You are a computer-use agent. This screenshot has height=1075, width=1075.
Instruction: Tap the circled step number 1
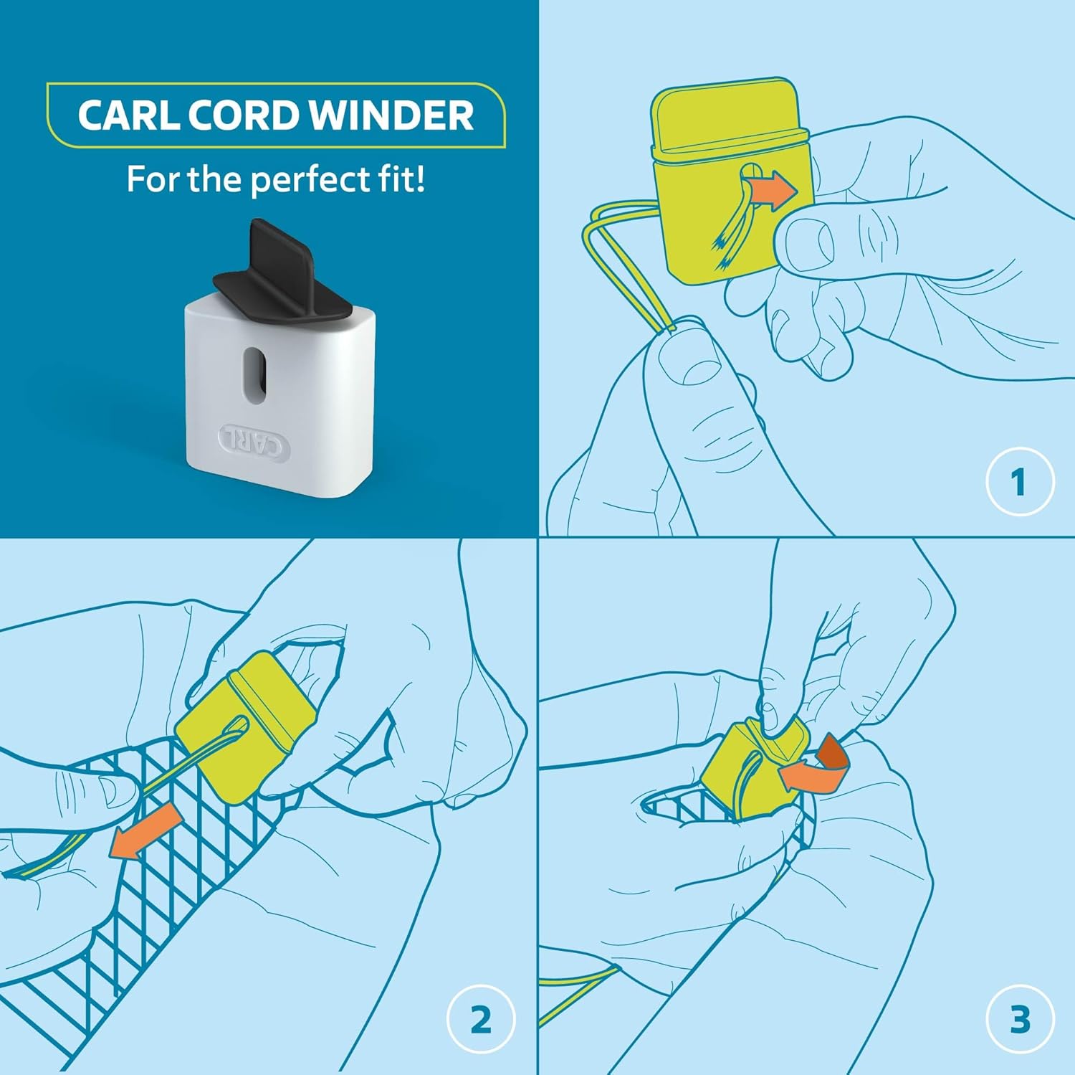(x=1019, y=481)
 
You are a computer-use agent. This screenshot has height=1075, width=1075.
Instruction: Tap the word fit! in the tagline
(x=402, y=179)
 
